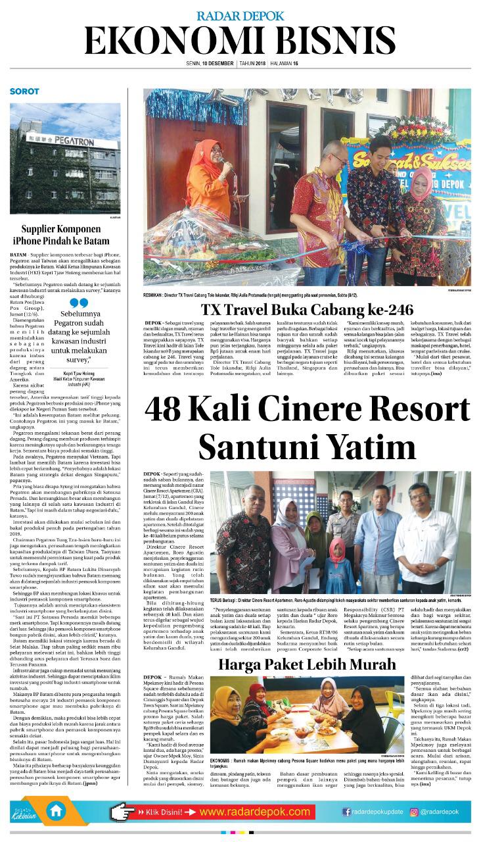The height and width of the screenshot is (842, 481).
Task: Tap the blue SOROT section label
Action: tap(24, 91)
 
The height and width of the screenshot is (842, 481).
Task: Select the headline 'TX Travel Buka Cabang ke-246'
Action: tap(307, 310)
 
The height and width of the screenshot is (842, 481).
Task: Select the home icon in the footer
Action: tap(57, 811)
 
